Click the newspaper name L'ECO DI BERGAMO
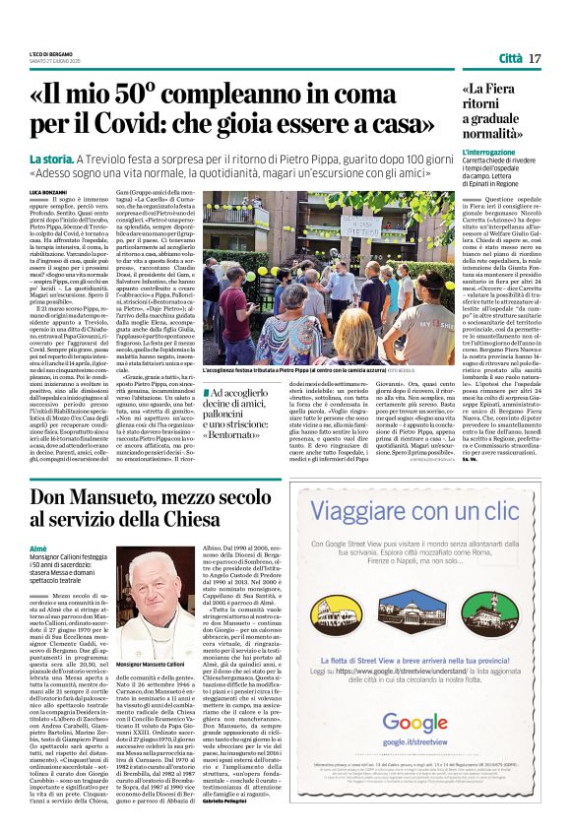coord(50,52)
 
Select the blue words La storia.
coord(50,159)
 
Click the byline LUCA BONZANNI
coord(47,189)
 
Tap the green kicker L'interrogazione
coord(489,154)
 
